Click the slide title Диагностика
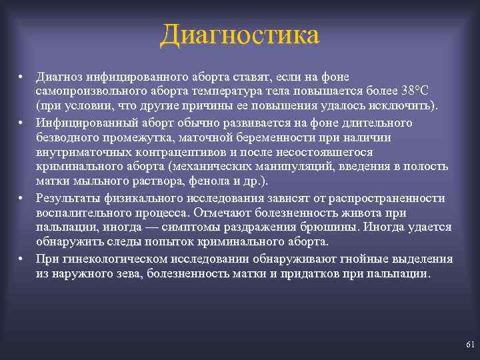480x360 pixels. click(x=240, y=35)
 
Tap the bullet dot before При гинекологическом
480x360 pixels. click(x=22, y=259)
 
